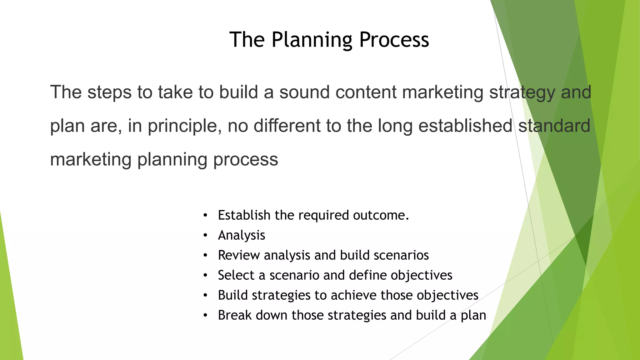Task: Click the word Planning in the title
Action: [x=312, y=40]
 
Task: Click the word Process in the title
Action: [x=394, y=40]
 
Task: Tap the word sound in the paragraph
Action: [x=304, y=92]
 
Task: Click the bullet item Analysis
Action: [x=242, y=235]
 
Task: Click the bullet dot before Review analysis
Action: [x=205, y=256]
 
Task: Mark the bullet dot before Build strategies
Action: [x=205, y=296]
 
